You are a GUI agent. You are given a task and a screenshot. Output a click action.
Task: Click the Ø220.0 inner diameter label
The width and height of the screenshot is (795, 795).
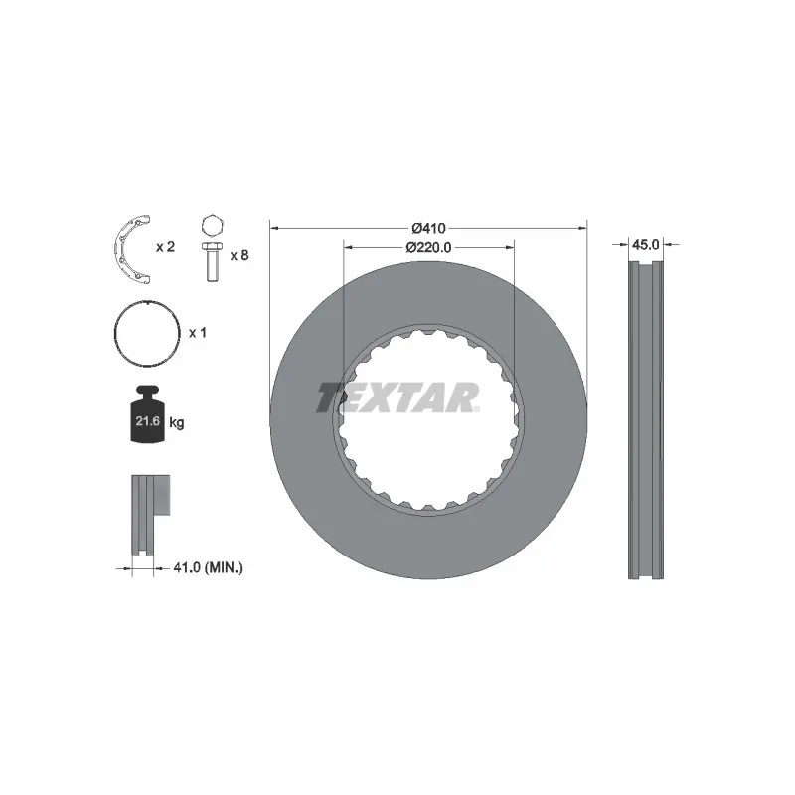(x=428, y=246)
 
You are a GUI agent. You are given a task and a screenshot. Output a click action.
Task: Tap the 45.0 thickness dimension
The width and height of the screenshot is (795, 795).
(x=647, y=242)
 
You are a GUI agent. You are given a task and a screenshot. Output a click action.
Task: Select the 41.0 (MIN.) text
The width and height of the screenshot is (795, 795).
(x=208, y=567)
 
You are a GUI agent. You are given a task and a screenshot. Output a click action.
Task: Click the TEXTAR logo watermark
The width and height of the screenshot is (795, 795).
(x=397, y=397)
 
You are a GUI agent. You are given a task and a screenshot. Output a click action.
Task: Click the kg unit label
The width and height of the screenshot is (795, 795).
(x=176, y=423)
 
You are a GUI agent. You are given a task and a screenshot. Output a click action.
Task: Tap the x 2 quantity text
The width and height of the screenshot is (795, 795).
(x=165, y=246)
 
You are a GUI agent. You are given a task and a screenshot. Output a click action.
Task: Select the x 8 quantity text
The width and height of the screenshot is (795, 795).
(x=238, y=255)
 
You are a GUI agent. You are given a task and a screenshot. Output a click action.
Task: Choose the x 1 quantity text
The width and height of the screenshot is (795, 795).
(x=197, y=333)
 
